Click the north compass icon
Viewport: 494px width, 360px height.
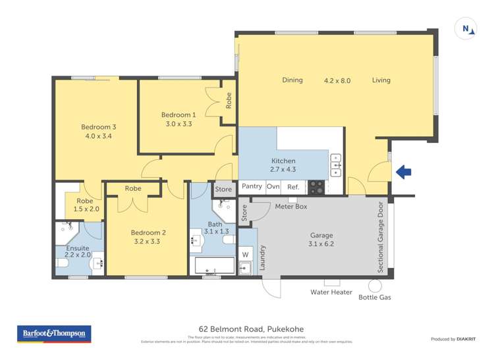tap(466, 28)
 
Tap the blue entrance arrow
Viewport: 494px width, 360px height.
tap(403, 172)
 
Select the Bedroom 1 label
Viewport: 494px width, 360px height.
tap(178, 115)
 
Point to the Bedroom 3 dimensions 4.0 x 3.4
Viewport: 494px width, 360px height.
tap(99, 136)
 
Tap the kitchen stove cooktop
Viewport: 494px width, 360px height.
tap(316, 187)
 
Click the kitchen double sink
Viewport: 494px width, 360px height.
tap(335, 165)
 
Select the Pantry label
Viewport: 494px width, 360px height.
tap(252, 187)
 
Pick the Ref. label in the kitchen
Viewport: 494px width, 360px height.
tap(293, 187)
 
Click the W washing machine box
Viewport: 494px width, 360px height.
tap(246, 254)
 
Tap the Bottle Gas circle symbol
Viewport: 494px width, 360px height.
tap(375, 286)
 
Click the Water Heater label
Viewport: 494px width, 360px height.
tap(331, 292)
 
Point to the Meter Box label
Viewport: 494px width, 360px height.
tap(291, 207)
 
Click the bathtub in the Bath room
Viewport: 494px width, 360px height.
tap(215, 267)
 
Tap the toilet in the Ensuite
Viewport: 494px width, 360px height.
tap(63, 264)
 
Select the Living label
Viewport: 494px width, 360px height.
tap(381, 80)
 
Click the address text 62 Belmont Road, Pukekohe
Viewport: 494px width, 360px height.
tap(251, 329)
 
